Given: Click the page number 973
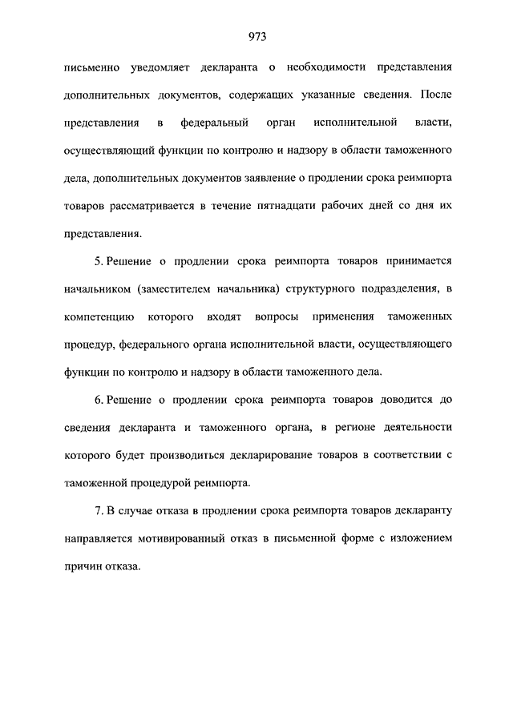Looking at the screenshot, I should (x=256, y=36).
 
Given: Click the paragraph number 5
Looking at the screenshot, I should (x=97, y=261).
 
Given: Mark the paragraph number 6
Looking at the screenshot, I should (x=97, y=401).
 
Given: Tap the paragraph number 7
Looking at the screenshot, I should (x=97, y=511).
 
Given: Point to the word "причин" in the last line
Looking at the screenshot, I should (x=82, y=566).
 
